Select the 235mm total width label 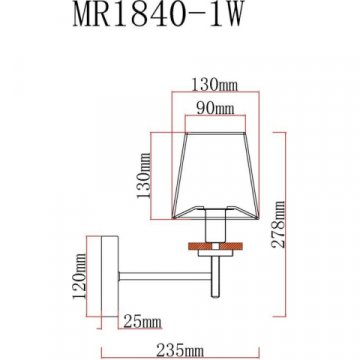pos(180,343)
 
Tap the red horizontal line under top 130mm pos(210,97)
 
